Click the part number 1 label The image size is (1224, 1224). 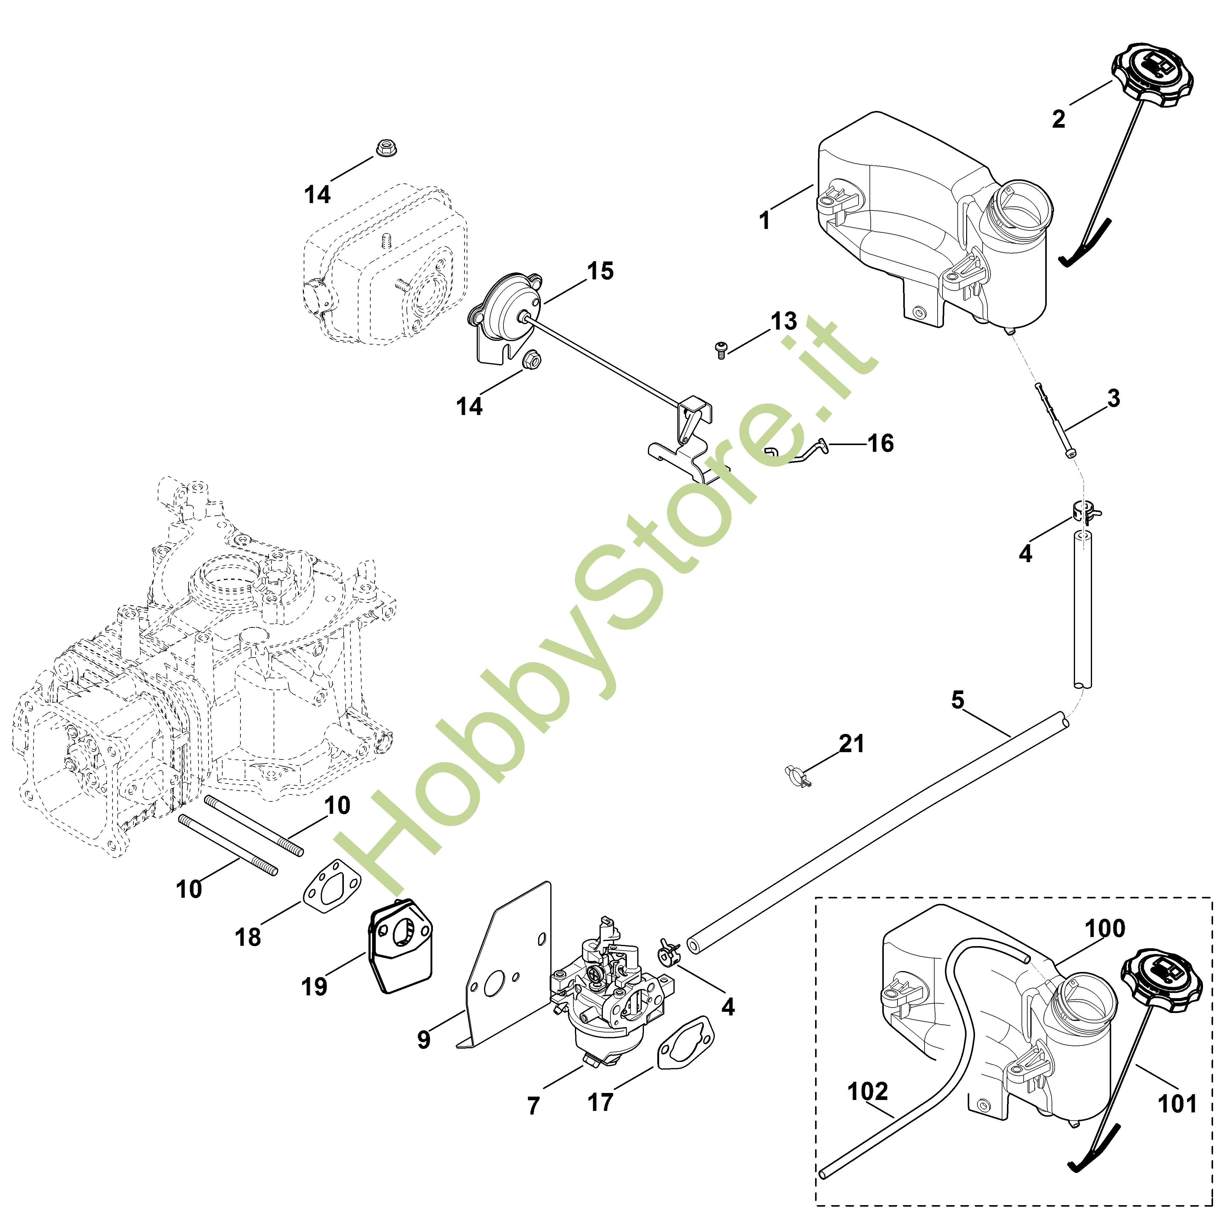[765, 220]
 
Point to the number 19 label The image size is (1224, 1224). [314, 987]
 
